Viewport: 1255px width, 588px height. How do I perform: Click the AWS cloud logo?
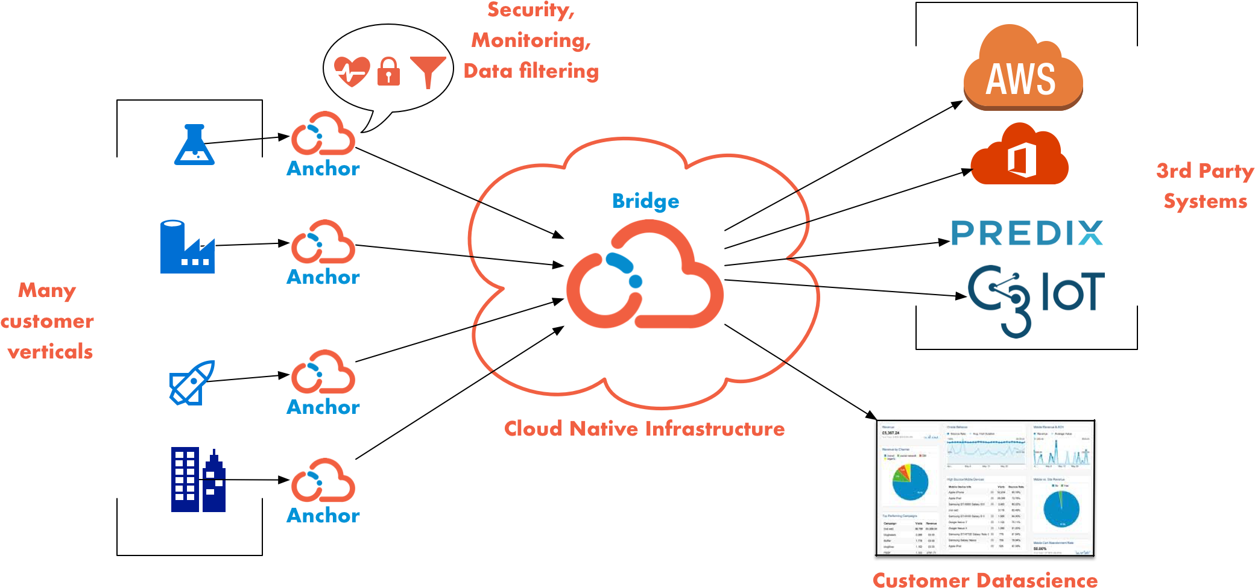(1023, 69)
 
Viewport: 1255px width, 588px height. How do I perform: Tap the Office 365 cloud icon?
(1019, 155)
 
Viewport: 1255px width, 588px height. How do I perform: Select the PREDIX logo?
(1027, 233)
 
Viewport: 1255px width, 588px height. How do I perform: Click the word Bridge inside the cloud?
(645, 201)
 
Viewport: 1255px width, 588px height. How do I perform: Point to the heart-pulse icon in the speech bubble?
(352, 72)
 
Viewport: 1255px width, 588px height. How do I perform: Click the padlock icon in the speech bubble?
(388, 72)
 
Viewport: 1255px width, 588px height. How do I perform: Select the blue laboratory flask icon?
(194, 145)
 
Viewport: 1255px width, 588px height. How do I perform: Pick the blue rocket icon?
(192, 383)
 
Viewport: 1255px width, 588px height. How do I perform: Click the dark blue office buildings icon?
(198, 480)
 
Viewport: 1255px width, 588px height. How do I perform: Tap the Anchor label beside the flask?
(323, 169)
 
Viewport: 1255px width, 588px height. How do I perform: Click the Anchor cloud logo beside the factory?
(323, 242)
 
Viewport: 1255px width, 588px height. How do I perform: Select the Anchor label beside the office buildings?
(323, 516)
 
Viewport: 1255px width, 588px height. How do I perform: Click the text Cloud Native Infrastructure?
(644, 429)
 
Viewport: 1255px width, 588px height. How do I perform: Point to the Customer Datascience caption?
(985, 580)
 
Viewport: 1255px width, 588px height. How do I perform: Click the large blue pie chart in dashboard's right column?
(1061, 508)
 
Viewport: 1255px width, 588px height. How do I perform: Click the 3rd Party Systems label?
(1205, 186)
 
